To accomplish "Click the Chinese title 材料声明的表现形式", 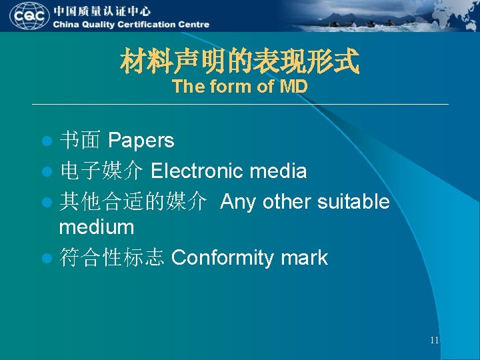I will [x=239, y=63].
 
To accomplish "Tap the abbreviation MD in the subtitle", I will [x=293, y=87].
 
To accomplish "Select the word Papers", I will [x=141, y=141].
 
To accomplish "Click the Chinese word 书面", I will [x=80, y=141].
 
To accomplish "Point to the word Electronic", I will [x=197, y=171].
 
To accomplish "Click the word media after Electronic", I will [x=278, y=171].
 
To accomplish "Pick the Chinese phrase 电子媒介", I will [x=101, y=171].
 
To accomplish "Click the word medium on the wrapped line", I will [x=96, y=227].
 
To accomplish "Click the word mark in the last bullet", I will [x=304, y=258].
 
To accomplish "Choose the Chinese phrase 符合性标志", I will [x=111, y=258].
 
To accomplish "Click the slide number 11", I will [x=434, y=340].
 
